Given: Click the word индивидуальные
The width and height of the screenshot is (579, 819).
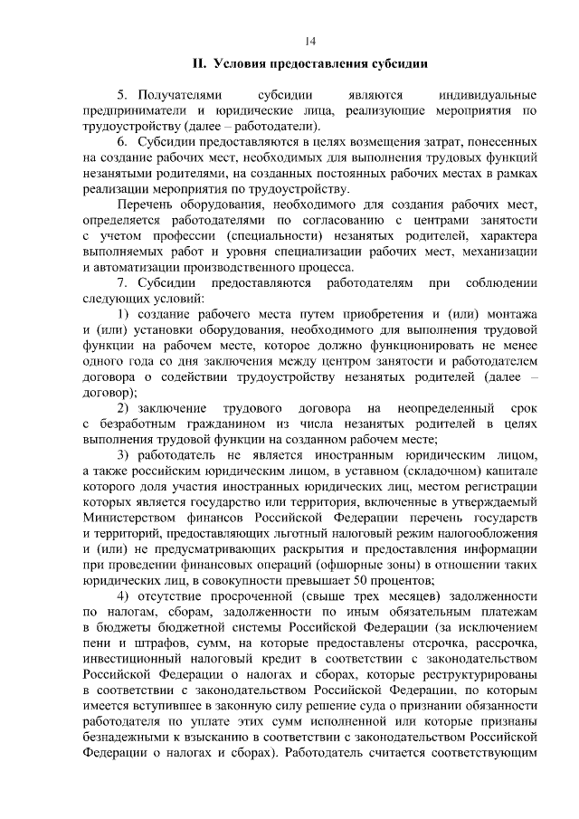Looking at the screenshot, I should [x=488, y=95].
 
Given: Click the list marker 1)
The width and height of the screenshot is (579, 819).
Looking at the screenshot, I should [x=125, y=314].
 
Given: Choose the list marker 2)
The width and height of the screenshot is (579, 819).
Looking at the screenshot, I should [x=125, y=407].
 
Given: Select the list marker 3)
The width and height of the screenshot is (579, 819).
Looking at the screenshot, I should [x=125, y=454].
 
